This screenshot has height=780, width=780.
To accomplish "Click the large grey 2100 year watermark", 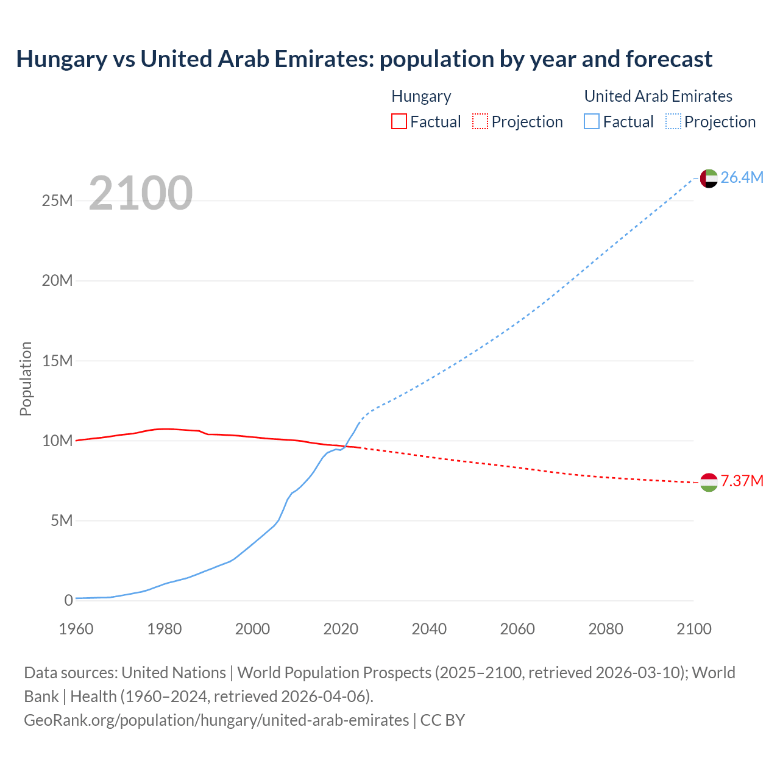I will tap(141, 193).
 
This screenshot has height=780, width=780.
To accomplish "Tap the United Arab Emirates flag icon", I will tap(709, 178).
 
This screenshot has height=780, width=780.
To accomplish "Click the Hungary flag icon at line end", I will tap(709, 482).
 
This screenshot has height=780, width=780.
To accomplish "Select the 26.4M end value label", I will tap(742, 177).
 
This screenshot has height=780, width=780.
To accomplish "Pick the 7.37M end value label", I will tap(742, 481).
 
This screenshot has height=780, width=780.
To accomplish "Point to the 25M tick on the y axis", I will tap(57, 200).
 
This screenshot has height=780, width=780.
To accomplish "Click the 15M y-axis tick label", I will tap(57, 361).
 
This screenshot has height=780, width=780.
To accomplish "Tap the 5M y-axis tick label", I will tap(62, 520).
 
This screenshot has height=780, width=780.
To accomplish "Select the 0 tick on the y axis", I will tap(68, 600).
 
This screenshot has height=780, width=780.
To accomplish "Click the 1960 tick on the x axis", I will tap(76, 629).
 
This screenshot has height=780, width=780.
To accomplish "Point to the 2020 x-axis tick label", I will tap(341, 629).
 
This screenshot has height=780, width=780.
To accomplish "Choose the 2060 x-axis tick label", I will tap(517, 629).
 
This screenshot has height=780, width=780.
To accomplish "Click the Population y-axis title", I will tap(26, 378).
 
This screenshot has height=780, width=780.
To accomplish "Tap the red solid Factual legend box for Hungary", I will tap(399, 121).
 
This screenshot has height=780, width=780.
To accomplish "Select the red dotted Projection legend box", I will tap(480, 121).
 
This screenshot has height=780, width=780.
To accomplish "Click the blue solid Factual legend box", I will tap(591, 121).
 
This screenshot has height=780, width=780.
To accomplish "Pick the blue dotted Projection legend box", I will tap(673, 121).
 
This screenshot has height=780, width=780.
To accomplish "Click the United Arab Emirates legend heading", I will tap(658, 96).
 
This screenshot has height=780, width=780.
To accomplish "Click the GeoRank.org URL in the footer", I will tap(216, 720).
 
